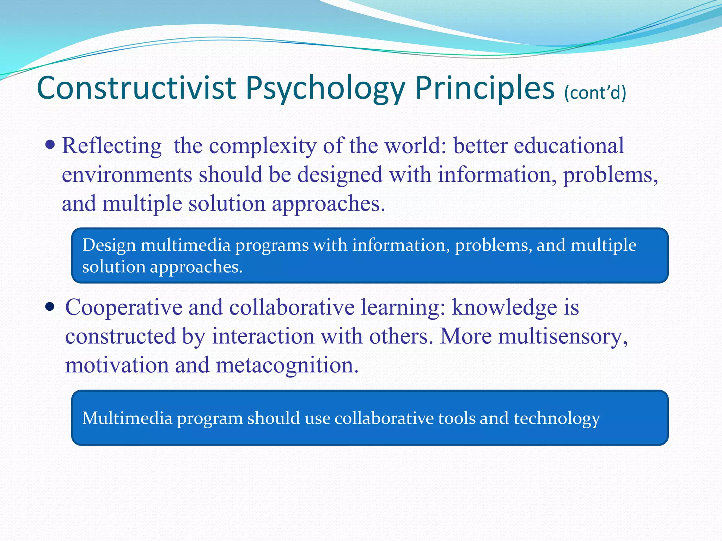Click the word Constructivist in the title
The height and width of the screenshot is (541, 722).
pos(136,88)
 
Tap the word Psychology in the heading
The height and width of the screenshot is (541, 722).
pos(325,89)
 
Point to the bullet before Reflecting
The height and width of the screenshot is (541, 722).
pos(50,144)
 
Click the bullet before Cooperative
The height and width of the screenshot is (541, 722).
pos(50,307)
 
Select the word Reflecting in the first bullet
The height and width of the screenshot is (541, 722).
pos(112,146)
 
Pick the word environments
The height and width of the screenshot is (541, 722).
pos(127,175)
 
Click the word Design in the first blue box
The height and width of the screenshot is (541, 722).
pos(109,245)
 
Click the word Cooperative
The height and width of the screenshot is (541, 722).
pos(123,308)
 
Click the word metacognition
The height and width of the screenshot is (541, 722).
pos(287,365)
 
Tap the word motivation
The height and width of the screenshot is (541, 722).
pos(117,365)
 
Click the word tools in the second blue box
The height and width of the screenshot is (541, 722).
pos(457,418)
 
